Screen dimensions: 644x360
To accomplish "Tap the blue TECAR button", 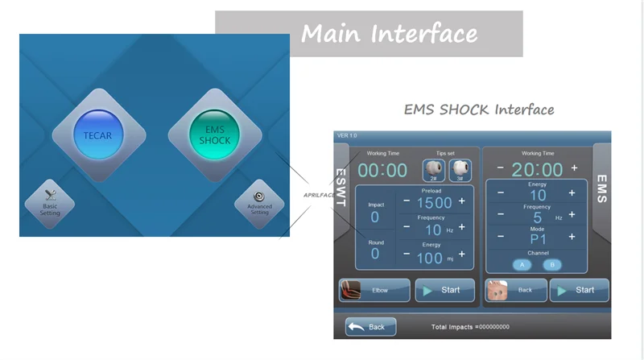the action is [97, 134].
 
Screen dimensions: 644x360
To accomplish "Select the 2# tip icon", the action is [433, 170].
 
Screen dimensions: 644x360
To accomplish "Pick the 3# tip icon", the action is [460, 170].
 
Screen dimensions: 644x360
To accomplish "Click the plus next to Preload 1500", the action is [462, 201].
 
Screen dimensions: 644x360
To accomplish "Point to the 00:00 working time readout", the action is [382, 171].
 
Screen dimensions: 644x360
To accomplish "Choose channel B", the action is [551, 264].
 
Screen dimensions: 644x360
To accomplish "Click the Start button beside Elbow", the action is [444, 290].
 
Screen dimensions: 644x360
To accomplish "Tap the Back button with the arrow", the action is [370, 327].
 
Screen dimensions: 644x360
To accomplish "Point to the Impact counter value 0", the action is [374, 217].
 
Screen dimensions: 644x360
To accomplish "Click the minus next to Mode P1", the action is [501, 238].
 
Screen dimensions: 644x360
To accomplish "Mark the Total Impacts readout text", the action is [470, 327].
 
